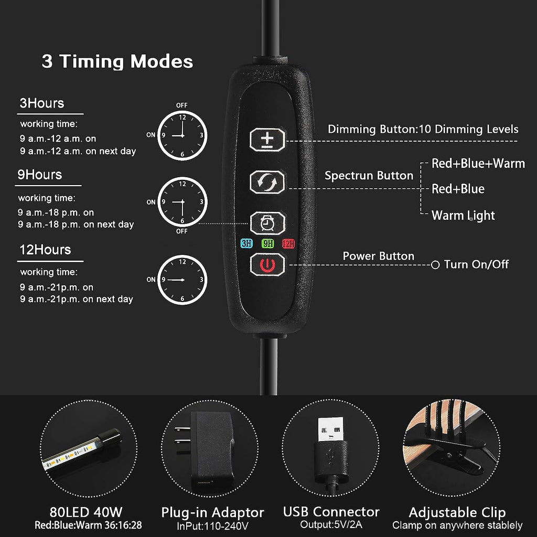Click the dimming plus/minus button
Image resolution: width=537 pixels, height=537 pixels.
click(x=267, y=139)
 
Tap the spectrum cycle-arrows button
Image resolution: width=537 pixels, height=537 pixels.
click(x=267, y=182)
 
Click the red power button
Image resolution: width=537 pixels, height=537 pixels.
click(x=267, y=265)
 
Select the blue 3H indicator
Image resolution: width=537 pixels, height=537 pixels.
click(x=246, y=243)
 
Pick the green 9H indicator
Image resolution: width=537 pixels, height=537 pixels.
click(x=268, y=243)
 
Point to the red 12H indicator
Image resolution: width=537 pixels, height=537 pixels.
click(x=288, y=243)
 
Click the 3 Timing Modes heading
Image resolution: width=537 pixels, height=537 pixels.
click(x=117, y=62)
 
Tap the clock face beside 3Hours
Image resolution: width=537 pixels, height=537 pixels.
click(x=182, y=136)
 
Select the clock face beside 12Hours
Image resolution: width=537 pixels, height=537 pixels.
click(x=182, y=280)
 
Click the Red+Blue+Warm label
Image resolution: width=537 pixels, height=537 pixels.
click(x=478, y=164)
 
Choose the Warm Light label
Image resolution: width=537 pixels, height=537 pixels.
click(x=463, y=216)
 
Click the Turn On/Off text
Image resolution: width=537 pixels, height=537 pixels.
click(x=476, y=264)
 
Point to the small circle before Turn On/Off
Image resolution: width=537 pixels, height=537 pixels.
click(x=435, y=265)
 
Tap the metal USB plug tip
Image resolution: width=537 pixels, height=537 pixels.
click(x=330, y=429)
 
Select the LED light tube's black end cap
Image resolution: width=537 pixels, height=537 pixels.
click(x=110, y=438)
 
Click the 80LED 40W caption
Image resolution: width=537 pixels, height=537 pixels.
click(x=86, y=512)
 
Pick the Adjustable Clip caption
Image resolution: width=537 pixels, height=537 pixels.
click(x=457, y=513)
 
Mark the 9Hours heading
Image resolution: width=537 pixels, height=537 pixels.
click(x=40, y=175)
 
